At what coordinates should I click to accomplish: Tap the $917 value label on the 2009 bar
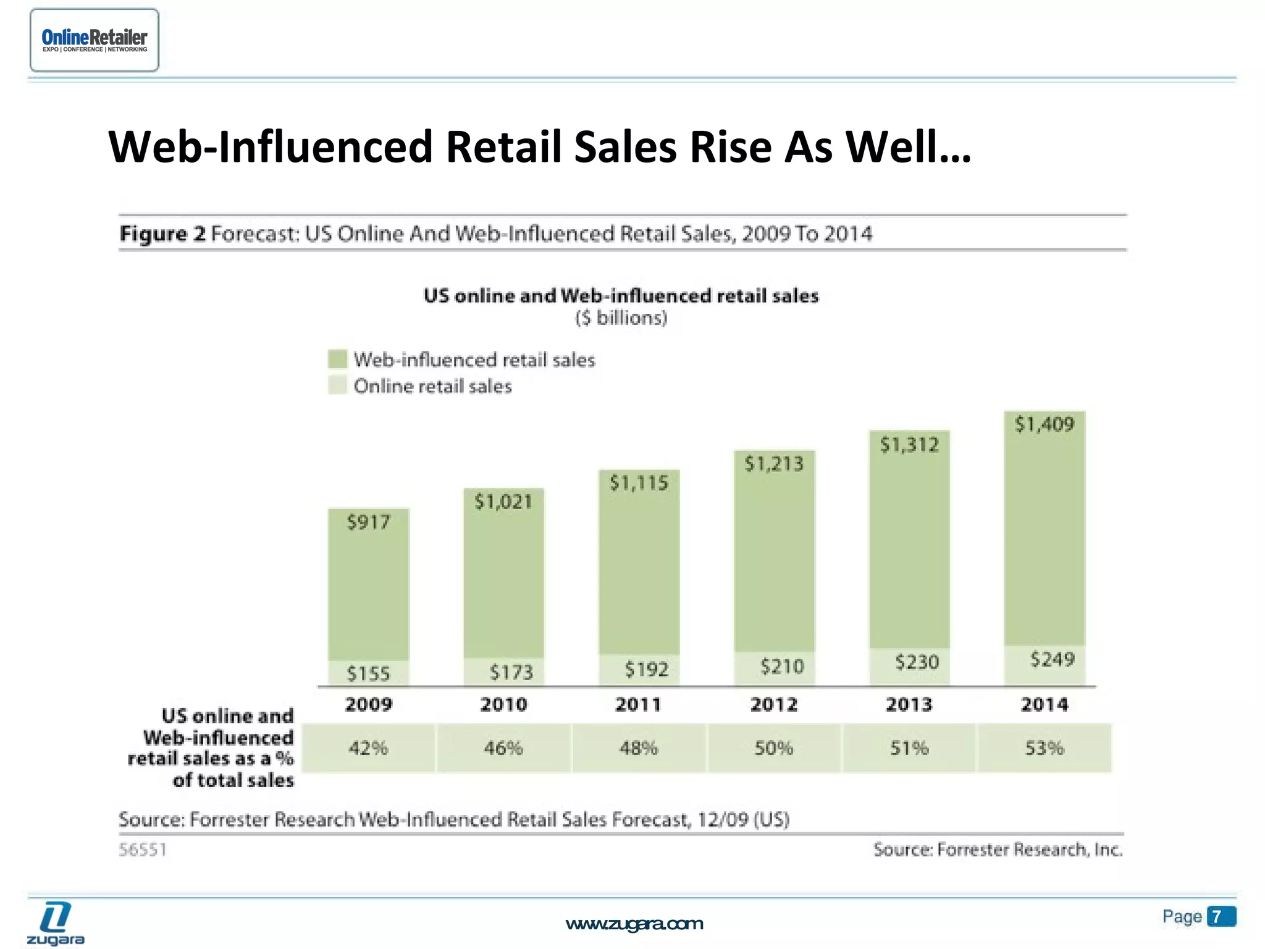(368, 523)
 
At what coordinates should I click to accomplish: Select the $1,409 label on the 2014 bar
(1044, 424)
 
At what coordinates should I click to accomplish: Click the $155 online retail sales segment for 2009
(368, 673)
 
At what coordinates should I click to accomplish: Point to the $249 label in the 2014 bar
(1053, 659)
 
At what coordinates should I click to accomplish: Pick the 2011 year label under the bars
(638, 704)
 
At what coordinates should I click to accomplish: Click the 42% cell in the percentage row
(368, 748)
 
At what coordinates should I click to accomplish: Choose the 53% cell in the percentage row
(1044, 748)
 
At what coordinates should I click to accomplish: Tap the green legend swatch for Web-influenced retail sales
(337, 360)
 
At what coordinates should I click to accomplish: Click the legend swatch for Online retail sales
(337, 386)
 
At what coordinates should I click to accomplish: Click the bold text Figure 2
(162, 234)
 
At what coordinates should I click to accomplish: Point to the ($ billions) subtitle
(621, 318)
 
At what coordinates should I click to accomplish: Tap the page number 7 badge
(1221, 916)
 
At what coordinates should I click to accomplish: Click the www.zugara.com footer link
(634, 924)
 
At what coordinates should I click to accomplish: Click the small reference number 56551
(143, 850)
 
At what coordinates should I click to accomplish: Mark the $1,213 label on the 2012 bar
(773, 464)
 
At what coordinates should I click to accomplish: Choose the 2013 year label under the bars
(909, 704)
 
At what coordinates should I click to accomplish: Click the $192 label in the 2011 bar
(647, 669)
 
